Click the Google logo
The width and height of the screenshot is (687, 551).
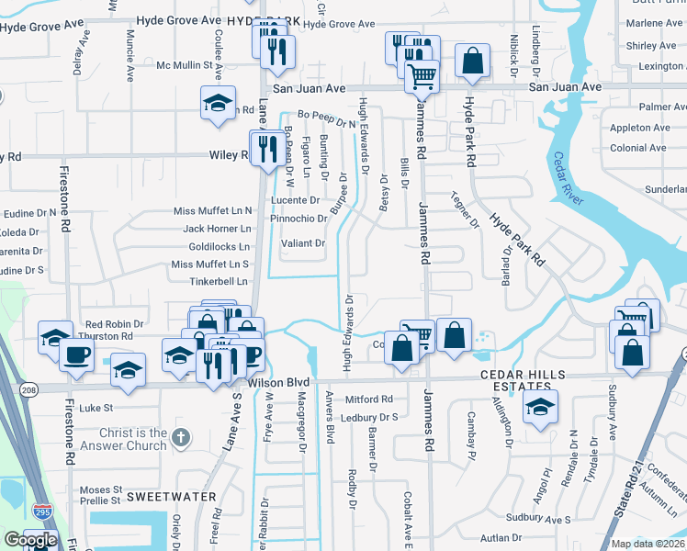29,540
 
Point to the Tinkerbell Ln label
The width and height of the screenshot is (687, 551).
220,281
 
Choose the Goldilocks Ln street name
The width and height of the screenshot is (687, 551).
219,247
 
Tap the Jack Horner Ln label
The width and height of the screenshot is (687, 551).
217,229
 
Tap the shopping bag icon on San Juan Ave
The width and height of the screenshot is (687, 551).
471,62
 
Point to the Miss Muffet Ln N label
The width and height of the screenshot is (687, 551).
212,211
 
